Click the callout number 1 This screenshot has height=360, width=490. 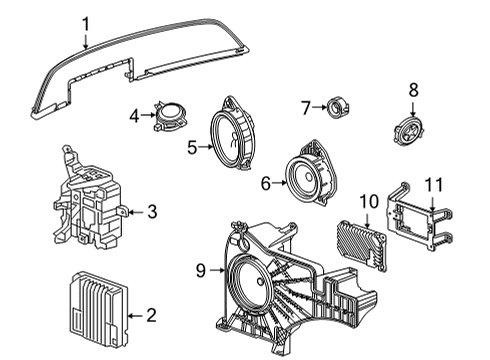pyautogui.click(x=86, y=23)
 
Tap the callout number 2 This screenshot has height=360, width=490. pyautogui.click(x=151, y=316)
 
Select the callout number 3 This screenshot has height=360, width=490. pyautogui.click(x=151, y=211)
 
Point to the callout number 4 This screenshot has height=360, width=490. pyautogui.click(x=135, y=116)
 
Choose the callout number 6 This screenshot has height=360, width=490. pyautogui.click(x=266, y=184)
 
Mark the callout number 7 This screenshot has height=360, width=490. pyautogui.click(x=307, y=106)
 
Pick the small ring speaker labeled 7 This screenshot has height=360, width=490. pyautogui.click(x=335, y=106)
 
